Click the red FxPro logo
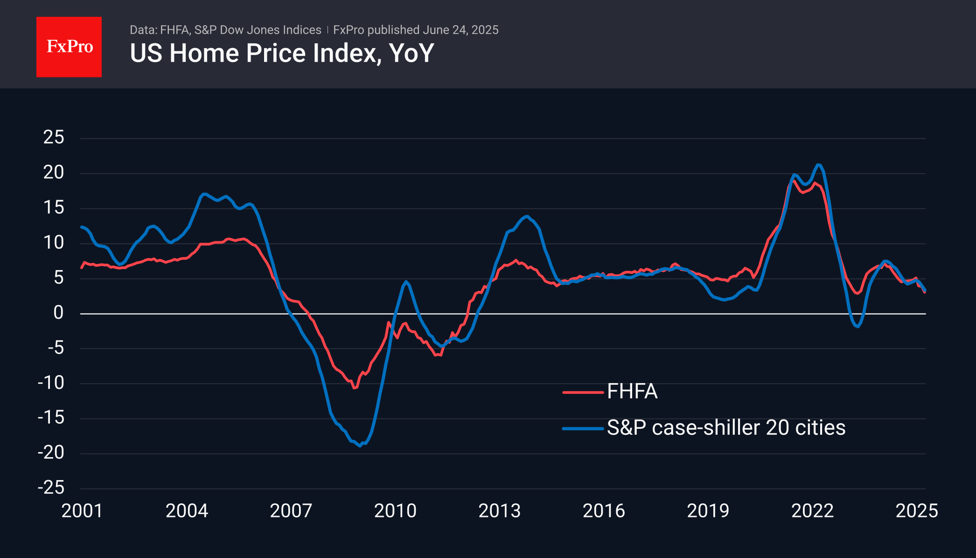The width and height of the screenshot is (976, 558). coord(69,47)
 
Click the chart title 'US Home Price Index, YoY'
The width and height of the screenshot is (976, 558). coord(282,53)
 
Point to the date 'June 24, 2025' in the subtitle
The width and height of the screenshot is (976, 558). coord(460,30)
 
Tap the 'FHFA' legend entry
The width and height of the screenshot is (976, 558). coord(632,391)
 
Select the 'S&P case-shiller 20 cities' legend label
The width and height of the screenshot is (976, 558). coord(726,428)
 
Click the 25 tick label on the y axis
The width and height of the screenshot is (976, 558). coord(54,138)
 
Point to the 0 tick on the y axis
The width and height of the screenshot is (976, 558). coord(58,313)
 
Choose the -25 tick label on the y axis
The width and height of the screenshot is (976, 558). coord(51,488)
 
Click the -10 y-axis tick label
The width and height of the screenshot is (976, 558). coord(51,383)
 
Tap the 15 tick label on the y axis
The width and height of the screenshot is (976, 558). coord(54,208)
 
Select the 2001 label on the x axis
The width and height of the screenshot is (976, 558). coord(82,511)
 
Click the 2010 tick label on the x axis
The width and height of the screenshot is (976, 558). coord(395,511)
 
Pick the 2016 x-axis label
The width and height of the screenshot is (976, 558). coord(604,511)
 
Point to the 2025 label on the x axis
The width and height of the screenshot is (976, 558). coord(917,511)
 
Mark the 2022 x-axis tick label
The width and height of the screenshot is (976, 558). coord(812,511)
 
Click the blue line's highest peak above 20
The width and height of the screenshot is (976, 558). coord(819,165)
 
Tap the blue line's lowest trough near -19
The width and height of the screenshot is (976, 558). coord(360,446)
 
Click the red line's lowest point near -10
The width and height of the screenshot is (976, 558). coord(355,388)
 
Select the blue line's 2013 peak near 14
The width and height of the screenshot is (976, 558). coord(527,216)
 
